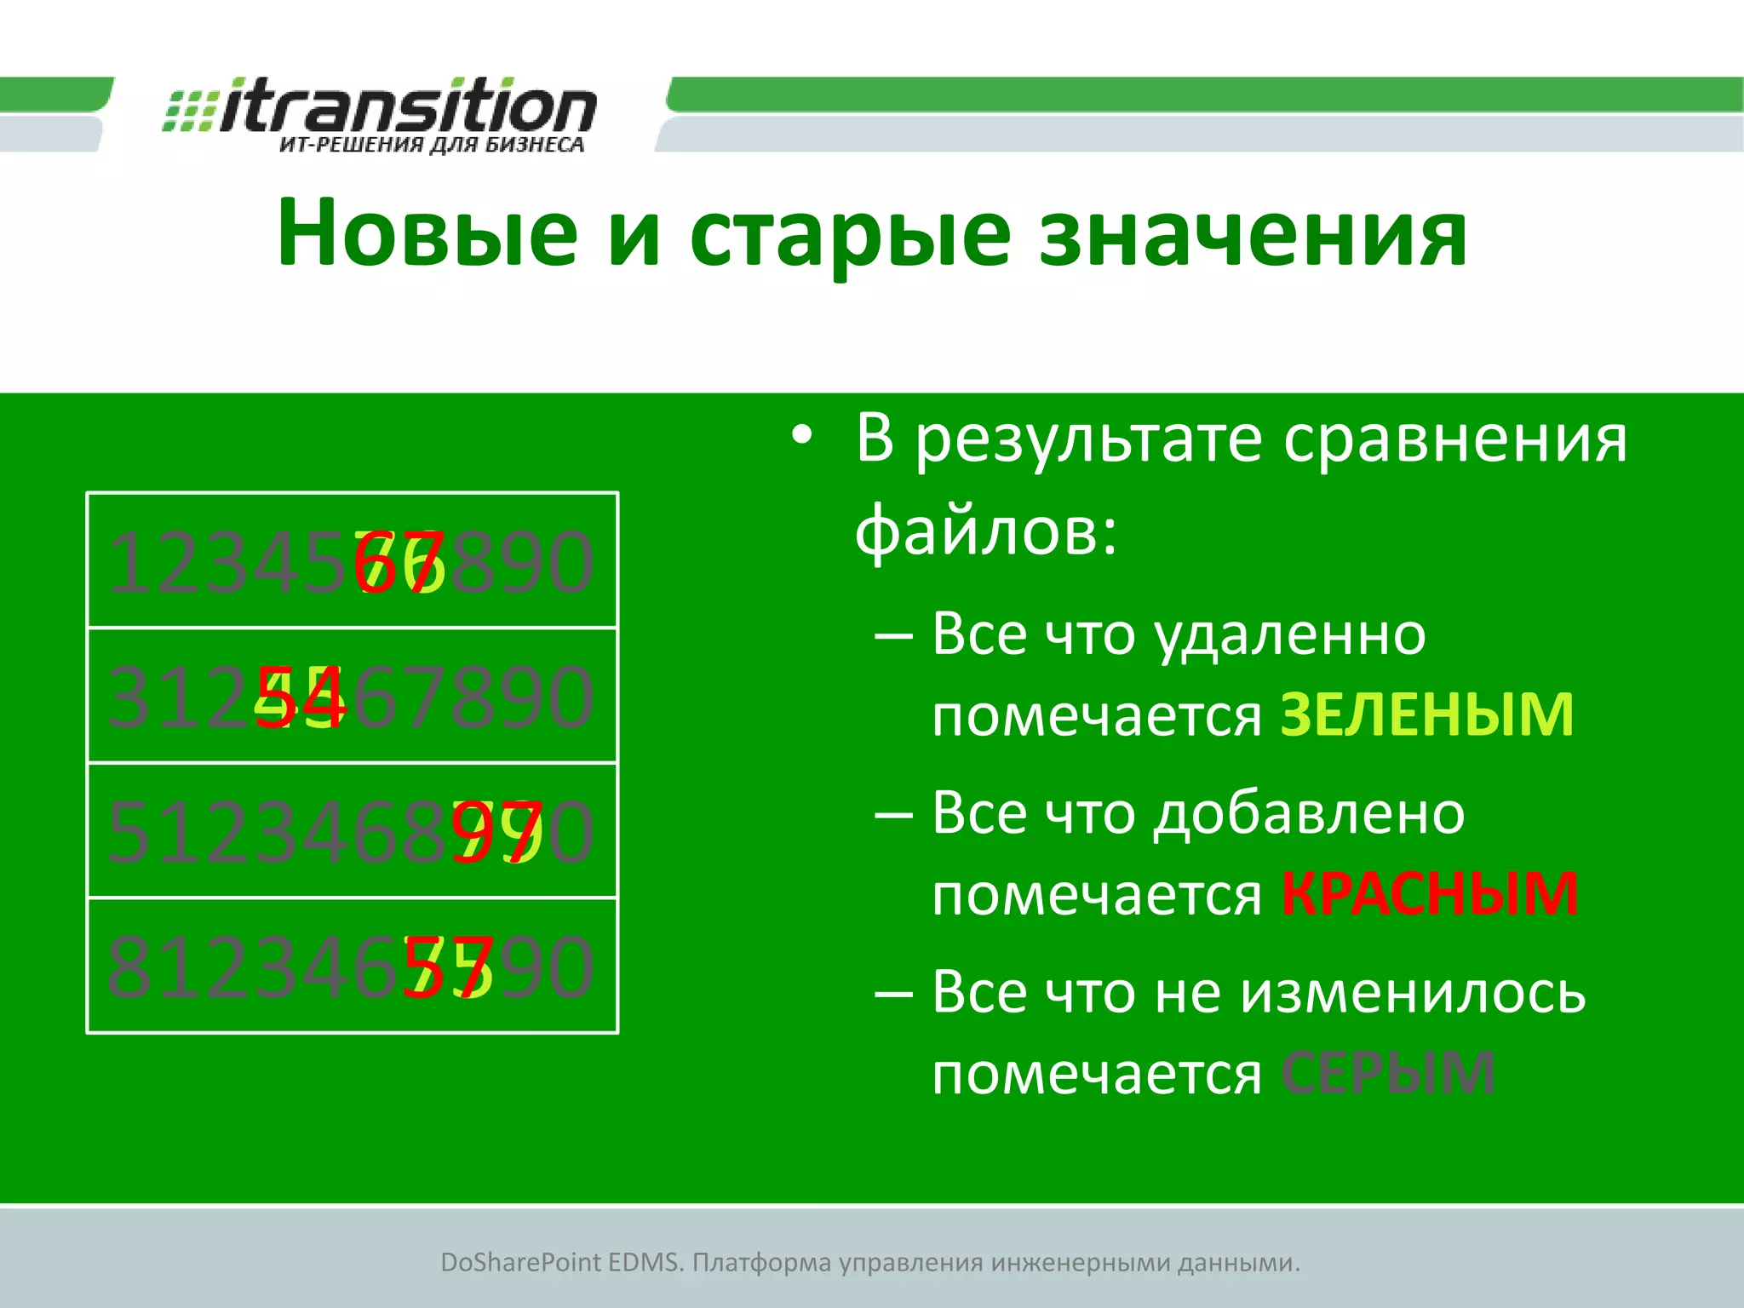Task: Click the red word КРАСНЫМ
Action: tap(1430, 893)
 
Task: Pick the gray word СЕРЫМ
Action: tap(1388, 1072)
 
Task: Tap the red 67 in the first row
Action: tap(399, 563)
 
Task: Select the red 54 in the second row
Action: tap(301, 697)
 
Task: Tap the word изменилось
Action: tap(1413, 992)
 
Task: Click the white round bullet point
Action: tap(802, 437)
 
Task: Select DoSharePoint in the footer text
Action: tap(520, 1262)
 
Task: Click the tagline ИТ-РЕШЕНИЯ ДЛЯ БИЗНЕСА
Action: tap(432, 145)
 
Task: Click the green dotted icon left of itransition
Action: tap(189, 111)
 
